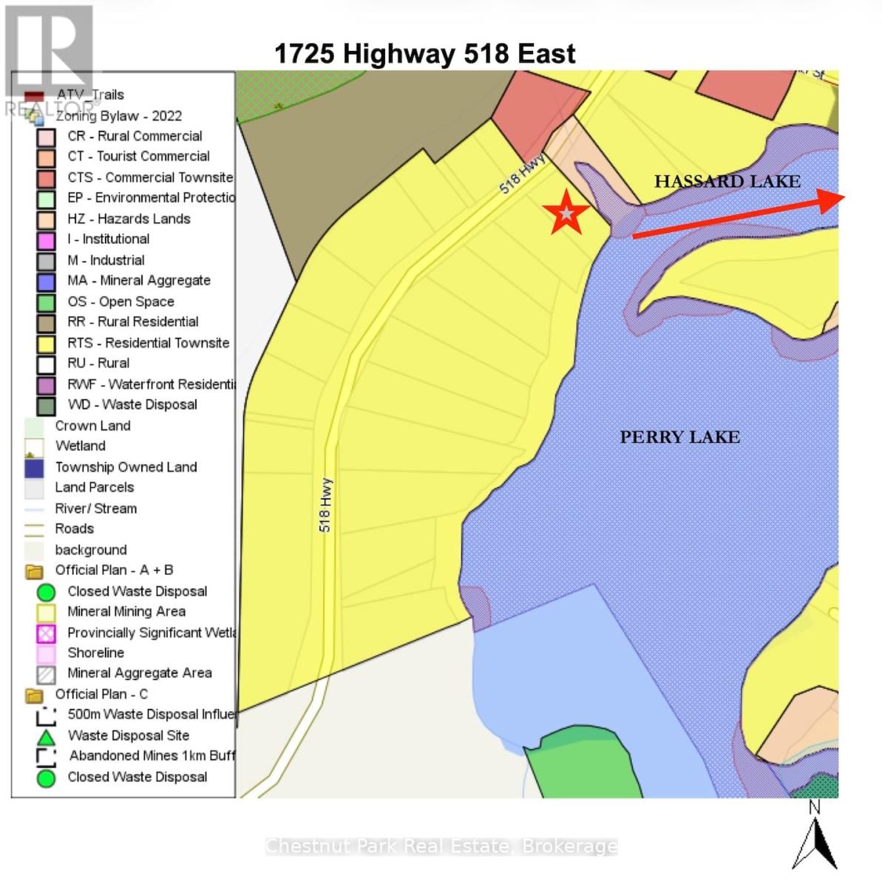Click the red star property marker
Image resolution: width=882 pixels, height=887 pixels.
pos(566,213)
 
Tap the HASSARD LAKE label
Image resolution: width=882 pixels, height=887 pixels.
pos(727,181)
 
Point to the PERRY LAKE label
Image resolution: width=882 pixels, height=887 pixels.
pos(679,437)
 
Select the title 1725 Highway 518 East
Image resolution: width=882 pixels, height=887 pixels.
pos(424,54)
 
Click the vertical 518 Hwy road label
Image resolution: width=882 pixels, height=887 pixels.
pos(325,505)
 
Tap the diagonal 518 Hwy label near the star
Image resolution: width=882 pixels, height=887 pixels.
pos(522,174)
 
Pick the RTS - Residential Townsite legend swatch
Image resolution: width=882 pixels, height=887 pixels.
pos(46,344)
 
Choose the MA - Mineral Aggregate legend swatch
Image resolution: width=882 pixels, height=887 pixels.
pos(46,282)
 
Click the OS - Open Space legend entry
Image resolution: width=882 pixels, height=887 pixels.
pos(121,302)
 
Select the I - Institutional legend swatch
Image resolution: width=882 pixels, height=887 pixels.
pos(46,240)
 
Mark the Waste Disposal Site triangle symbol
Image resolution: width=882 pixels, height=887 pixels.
pos(46,737)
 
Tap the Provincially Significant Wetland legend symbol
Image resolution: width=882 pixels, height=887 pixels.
pos(46,633)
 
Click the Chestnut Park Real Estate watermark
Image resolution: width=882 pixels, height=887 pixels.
pos(441,846)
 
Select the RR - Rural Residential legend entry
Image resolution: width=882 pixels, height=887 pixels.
pos(133,322)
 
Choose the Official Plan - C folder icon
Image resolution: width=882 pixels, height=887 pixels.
pos(34,696)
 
